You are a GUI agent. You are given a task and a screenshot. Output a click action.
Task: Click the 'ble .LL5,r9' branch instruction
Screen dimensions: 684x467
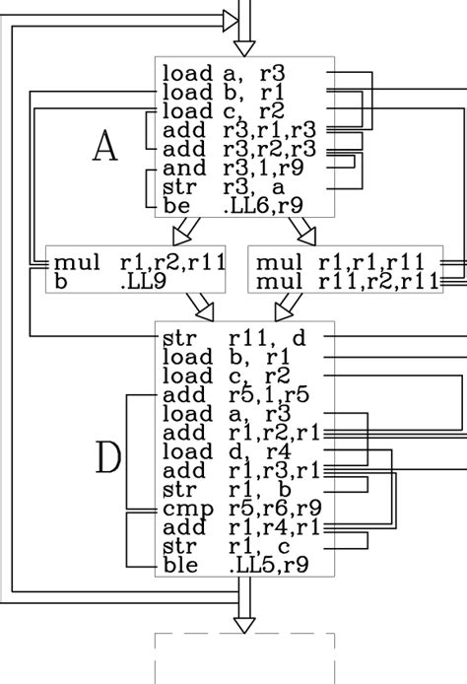pyautogui.click(x=234, y=565)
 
